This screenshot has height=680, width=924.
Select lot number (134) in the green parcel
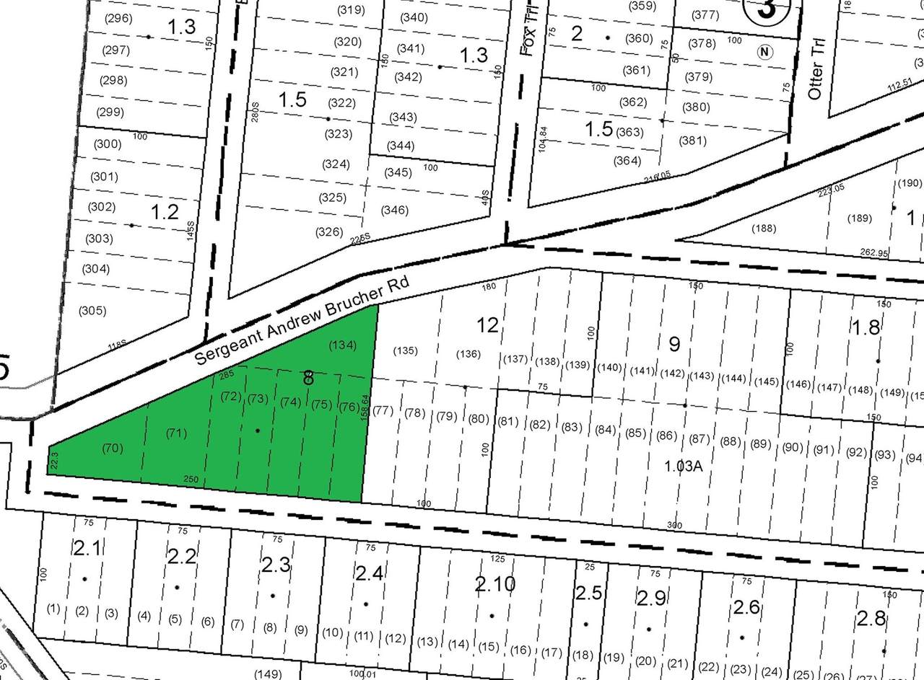pos(342,345)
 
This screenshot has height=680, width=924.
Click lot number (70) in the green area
pos(112,448)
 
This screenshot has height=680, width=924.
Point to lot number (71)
pos(176,433)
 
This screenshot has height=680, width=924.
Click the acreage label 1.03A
pos(683,466)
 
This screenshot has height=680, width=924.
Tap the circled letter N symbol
pos(764,52)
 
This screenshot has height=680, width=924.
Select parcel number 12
pos(488,325)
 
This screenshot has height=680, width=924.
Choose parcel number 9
pos(674,344)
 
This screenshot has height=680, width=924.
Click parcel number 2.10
pos(495,583)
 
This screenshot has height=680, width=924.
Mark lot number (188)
pos(763,229)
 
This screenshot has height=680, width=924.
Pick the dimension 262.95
pos(874,253)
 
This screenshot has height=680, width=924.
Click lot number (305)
pos(92,311)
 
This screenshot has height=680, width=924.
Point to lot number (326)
pos(328,231)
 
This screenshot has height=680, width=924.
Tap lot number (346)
pos(395,211)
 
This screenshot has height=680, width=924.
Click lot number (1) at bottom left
pos(53,609)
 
